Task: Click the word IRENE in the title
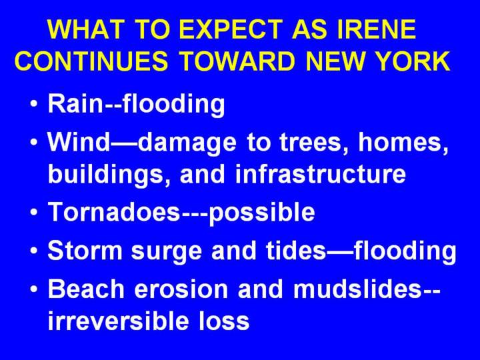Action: [x=376, y=29]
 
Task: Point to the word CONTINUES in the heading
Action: [x=91, y=61]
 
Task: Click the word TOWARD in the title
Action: [x=237, y=61]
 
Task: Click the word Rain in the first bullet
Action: [x=76, y=103]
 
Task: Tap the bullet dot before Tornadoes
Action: [x=35, y=211]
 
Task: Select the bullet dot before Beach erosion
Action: [x=35, y=289]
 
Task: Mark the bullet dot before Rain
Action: [x=35, y=103]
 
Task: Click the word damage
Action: [x=187, y=145]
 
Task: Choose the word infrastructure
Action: [x=321, y=173]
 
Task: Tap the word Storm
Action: [x=85, y=250]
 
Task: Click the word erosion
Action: [x=181, y=289]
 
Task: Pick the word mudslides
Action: [x=357, y=289]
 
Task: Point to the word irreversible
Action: [x=118, y=320]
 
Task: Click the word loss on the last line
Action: [x=225, y=320]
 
